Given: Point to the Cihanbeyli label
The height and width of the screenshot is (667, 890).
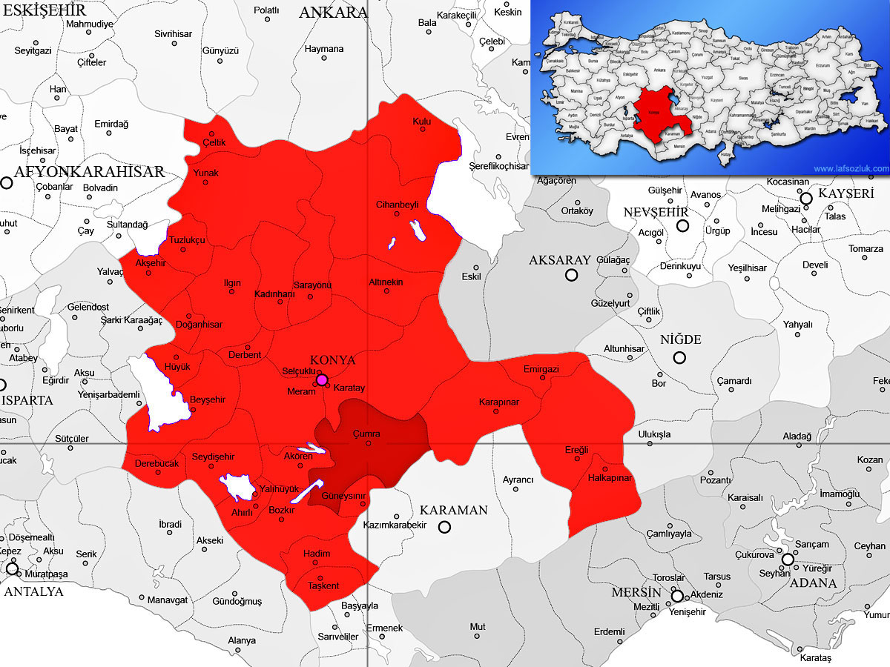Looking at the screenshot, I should point(398,205).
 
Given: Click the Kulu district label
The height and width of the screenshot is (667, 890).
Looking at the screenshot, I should point(421,121).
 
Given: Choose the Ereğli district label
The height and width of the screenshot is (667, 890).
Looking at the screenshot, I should point(576,450).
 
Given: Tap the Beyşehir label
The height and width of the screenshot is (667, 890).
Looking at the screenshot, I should point(208,400).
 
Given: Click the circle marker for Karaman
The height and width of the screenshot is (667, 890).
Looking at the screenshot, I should point(444,527).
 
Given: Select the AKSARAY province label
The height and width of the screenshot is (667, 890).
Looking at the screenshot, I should point(560,260).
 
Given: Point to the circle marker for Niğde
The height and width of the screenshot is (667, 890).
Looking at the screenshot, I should point(679,358).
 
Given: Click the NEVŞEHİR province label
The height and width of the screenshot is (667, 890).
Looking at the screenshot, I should point(651,213).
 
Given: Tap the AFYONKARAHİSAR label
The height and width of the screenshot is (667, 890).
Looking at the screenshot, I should point(89,172).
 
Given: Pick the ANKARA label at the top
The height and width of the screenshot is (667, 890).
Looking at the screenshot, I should point(333,13).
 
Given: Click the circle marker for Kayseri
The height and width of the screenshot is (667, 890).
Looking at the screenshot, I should point(805,198).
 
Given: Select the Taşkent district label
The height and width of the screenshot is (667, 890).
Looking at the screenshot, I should point(323,586).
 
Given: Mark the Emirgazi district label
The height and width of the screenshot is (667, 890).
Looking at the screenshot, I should point(541,369).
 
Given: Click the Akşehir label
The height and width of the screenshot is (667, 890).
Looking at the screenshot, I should point(151,263).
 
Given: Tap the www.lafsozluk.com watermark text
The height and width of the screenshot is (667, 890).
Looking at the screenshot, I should point(851,169).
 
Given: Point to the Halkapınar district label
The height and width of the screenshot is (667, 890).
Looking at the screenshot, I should point(609,478).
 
